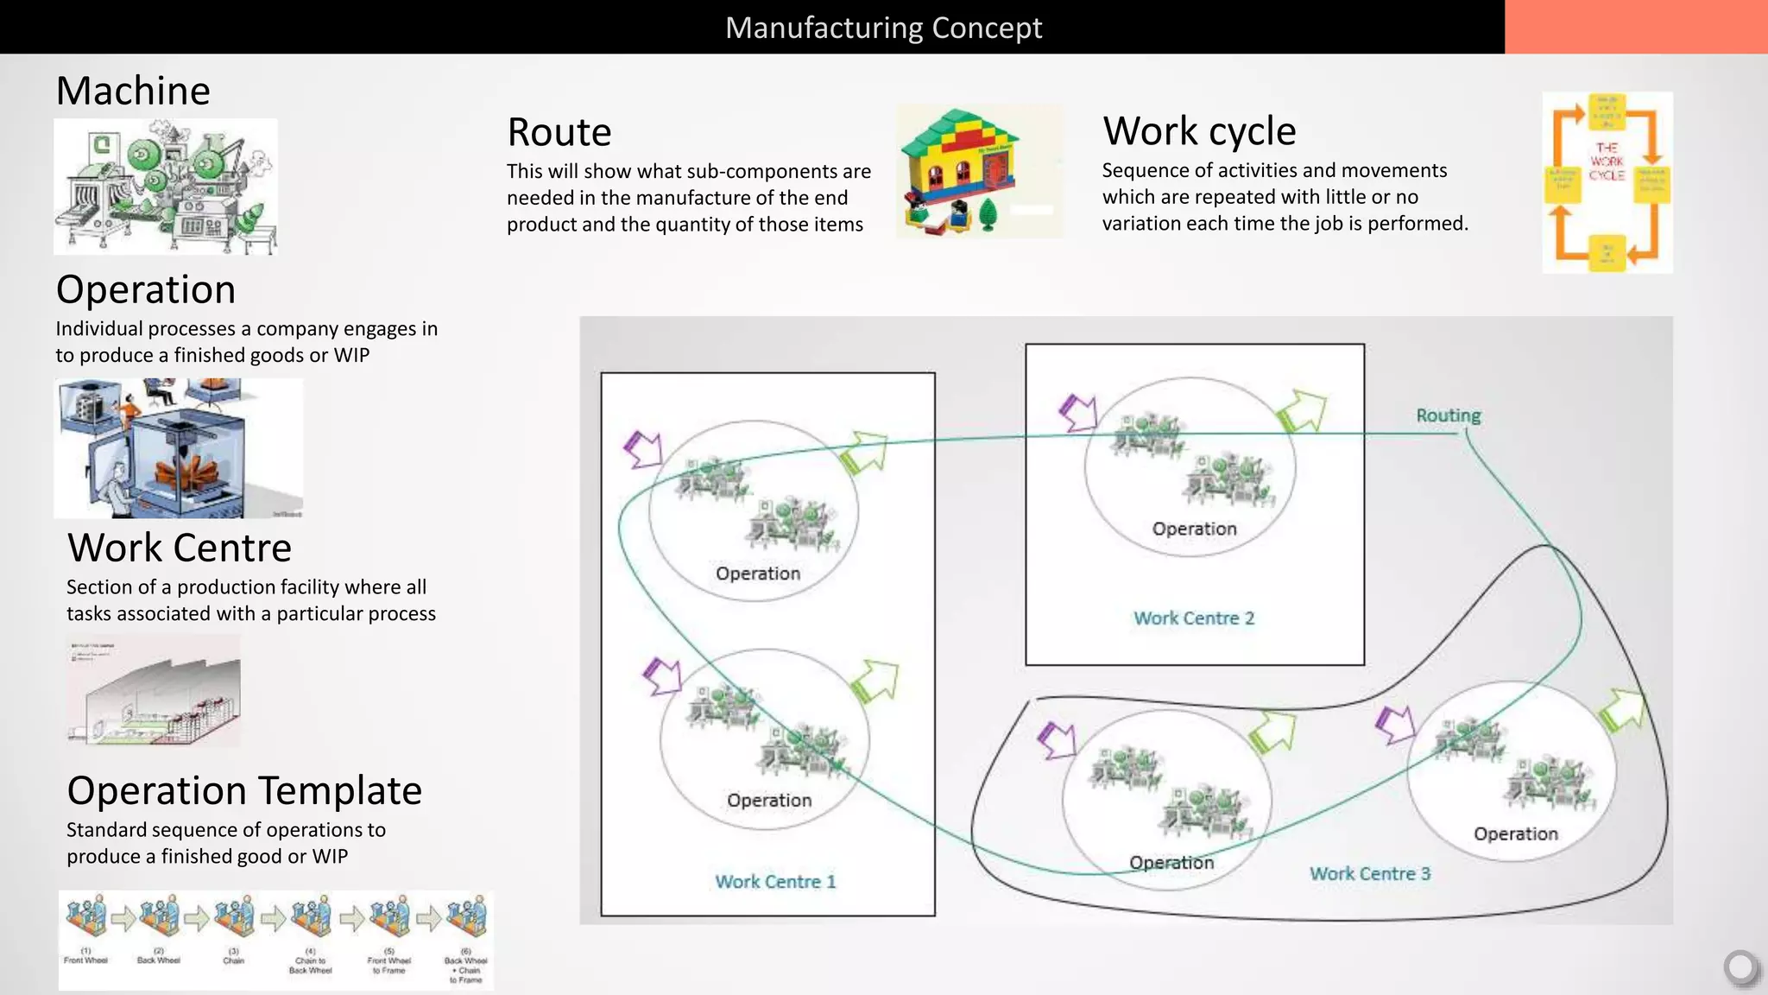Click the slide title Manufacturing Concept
pyautogui.click(x=883, y=28)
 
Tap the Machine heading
pyautogui.click(x=133, y=91)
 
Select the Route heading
pyautogui.click(x=559, y=132)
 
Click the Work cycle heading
pyautogui.click(x=1199, y=131)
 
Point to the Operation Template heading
pyautogui.click(x=244, y=790)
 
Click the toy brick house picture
pyautogui.click(x=979, y=171)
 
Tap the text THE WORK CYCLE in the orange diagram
pyautogui.click(x=1607, y=162)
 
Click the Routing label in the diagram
pyautogui.click(x=1448, y=415)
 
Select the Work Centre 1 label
pyautogui.click(x=774, y=882)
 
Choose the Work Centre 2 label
pyautogui.click(x=1193, y=618)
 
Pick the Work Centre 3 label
pyautogui.click(x=1369, y=874)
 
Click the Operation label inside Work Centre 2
pyautogui.click(x=1194, y=529)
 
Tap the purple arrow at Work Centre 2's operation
pyautogui.click(x=1077, y=413)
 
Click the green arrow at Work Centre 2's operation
pyautogui.click(x=1300, y=410)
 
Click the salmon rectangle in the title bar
pyautogui.click(x=1635, y=27)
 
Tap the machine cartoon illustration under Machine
pyautogui.click(x=165, y=187)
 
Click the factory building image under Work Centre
pyautogui.click(x=154, y=691)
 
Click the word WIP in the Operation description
pyautogui.click(x=351, y=356)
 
